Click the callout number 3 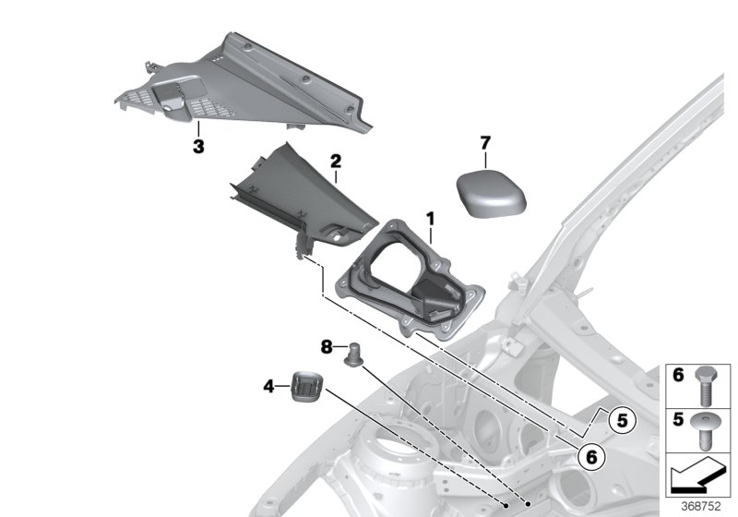click(197, 146)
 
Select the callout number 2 click(337, 162)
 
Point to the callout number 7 click(486, 142)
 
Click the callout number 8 click(326, 347)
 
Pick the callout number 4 click(268, 386)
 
